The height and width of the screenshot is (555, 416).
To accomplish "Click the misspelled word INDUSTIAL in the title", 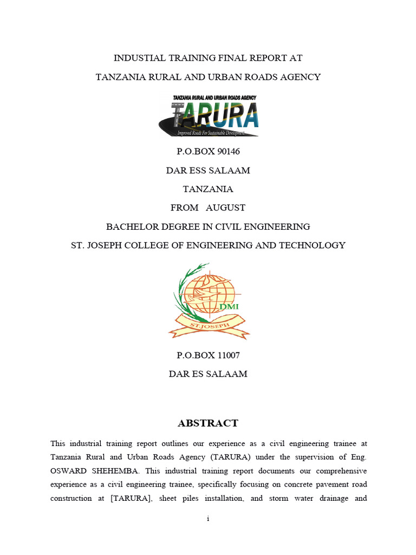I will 137,58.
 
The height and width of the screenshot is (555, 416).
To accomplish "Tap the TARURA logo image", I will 208,115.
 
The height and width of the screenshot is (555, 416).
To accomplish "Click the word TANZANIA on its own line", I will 208,189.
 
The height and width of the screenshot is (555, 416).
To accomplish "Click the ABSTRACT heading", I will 208,423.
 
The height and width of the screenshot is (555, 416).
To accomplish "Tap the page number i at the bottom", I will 208,519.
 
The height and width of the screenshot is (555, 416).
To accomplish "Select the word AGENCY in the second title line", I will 301,77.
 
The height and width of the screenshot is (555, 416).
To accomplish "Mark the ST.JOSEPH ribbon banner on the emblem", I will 208,326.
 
